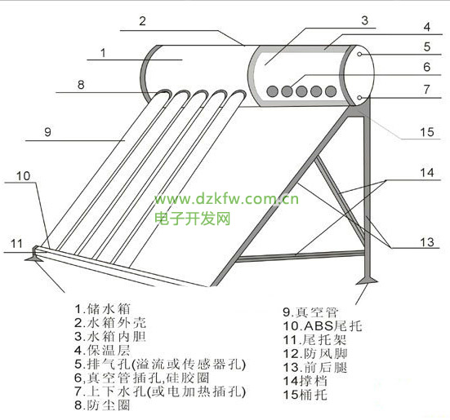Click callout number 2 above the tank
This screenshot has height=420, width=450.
(143, 21)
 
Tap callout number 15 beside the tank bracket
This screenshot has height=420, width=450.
(427, 132)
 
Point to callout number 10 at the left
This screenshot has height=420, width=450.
(23, 176)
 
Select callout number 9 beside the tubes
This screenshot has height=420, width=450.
(48, 132)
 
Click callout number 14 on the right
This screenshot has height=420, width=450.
(427, 173)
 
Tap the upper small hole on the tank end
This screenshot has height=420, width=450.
(359, 54)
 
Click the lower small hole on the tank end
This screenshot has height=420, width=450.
(359, 98)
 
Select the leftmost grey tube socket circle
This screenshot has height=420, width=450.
(272, 91)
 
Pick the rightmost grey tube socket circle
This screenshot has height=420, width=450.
(331, 91)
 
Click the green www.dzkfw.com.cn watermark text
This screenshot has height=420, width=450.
(227, 198)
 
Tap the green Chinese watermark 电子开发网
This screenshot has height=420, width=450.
(193, 219)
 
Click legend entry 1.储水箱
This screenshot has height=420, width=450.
(102, 309)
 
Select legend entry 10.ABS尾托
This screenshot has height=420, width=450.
(323, 325)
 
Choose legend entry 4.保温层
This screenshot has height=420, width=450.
(102, 350)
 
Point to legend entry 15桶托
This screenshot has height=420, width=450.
(305, 395)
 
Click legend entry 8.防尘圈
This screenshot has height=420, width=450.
(102, 405)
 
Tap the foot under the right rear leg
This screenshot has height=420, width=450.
(367, 280)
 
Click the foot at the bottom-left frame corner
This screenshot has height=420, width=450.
(34, 258)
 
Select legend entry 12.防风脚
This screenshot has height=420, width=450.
(315, 353)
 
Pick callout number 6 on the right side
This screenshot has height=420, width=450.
(427, 67)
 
